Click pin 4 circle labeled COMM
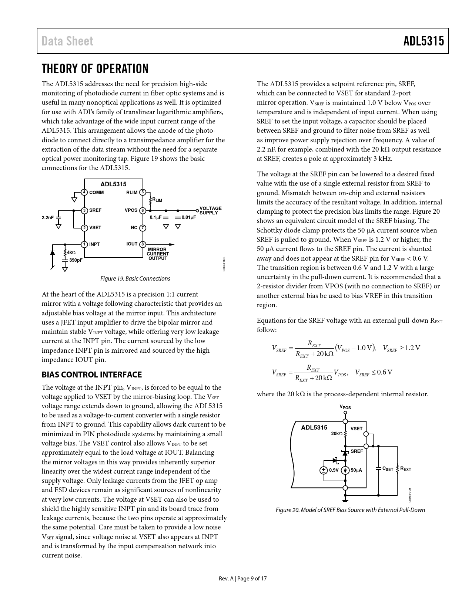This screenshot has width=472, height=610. pos(84,192)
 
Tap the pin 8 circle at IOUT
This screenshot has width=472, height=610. pos(143,244)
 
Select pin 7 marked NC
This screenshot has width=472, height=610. pos(143,228)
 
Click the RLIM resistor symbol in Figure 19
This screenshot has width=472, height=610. pos(150,200)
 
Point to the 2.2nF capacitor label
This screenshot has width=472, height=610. pos(48,218)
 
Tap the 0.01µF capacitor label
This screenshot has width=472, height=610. pos(189,217)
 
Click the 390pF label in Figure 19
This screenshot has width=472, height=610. pos(76,260)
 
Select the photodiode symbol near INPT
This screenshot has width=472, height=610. pos(52,253)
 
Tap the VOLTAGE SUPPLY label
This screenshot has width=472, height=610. pos(210,211)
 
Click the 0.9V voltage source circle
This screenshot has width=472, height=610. pos(324,470)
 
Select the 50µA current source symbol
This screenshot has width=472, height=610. pos(345,470)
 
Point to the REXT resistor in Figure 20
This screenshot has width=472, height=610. pos(398,468)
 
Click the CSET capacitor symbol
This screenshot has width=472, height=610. pos(378,468)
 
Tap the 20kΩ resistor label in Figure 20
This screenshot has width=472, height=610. pos(337,433)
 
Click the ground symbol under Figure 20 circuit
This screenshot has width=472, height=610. pos(345,501)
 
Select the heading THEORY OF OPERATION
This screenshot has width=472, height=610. pos(95,69)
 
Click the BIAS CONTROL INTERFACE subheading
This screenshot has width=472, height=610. pos(91,375)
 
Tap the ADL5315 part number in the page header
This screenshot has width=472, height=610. pos(424,41)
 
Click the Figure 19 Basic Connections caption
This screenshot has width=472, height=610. pos(135,278)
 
